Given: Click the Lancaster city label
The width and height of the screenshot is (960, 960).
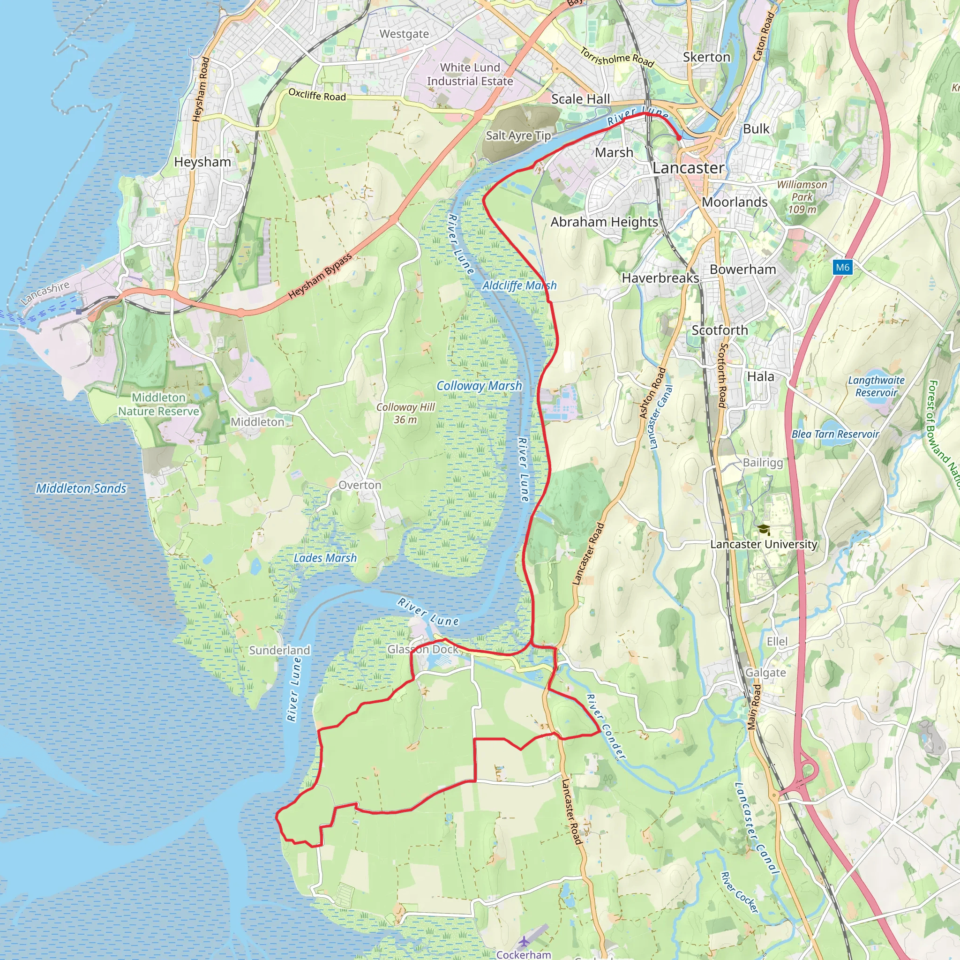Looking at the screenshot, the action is (x=688, y=168).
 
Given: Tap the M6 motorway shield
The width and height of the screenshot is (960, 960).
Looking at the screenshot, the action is (x=842, y=267).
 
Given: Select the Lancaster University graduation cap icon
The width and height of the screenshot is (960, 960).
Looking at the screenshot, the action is (x=764, y=530).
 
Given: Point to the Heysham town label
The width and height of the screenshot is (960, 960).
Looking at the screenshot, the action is (x=202, y=162).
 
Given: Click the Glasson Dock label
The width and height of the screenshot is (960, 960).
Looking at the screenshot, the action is (x=423, y=649).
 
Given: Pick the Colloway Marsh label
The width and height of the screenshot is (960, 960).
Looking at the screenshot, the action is (x=479, y=386).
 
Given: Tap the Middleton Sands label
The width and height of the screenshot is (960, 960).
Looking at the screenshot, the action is (x=81, y=488).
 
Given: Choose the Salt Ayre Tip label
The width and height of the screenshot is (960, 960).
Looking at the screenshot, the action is (x=518, y=135).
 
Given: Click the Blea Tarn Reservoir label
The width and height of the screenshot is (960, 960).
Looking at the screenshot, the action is (x=835, y=434).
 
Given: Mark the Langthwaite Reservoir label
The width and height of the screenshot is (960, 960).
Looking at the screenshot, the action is (x=876, y=387).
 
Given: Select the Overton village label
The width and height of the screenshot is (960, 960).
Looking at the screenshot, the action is (x=360, y=485).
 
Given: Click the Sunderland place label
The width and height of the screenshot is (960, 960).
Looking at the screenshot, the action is (x=279, y=651).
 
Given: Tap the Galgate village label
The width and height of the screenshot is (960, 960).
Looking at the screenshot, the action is (x=765, y=673).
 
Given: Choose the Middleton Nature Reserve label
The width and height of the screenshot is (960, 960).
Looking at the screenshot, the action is (x=158, y=405).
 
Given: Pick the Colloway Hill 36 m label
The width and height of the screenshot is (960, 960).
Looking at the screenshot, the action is (x=405, y=413).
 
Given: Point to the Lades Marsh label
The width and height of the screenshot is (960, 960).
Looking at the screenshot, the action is (x=325, y=558).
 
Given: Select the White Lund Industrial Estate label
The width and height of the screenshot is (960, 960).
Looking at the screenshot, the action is (x=470, y=75).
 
